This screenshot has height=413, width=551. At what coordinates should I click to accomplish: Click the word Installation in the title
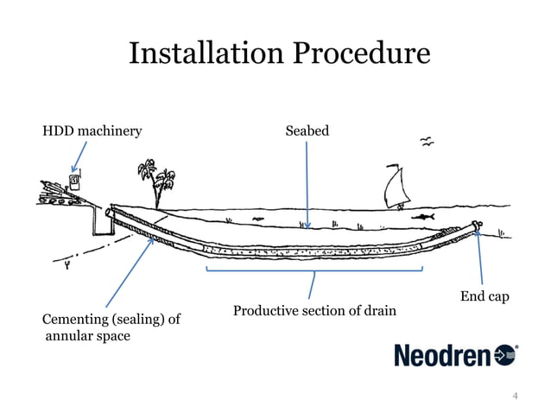(x=200, y=54)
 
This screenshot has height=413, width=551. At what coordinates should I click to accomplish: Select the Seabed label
(x=307, y=131)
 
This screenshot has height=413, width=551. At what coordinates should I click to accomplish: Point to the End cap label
(x=484, y=297)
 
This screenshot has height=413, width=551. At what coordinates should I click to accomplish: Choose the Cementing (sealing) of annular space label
(x=111, y=327)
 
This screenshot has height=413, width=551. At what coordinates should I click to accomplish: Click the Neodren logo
(x=455, y=355)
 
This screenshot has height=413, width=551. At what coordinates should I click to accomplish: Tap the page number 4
(x=516, y=396)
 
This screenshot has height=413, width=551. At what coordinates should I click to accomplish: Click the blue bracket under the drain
(x=313, y=270)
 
